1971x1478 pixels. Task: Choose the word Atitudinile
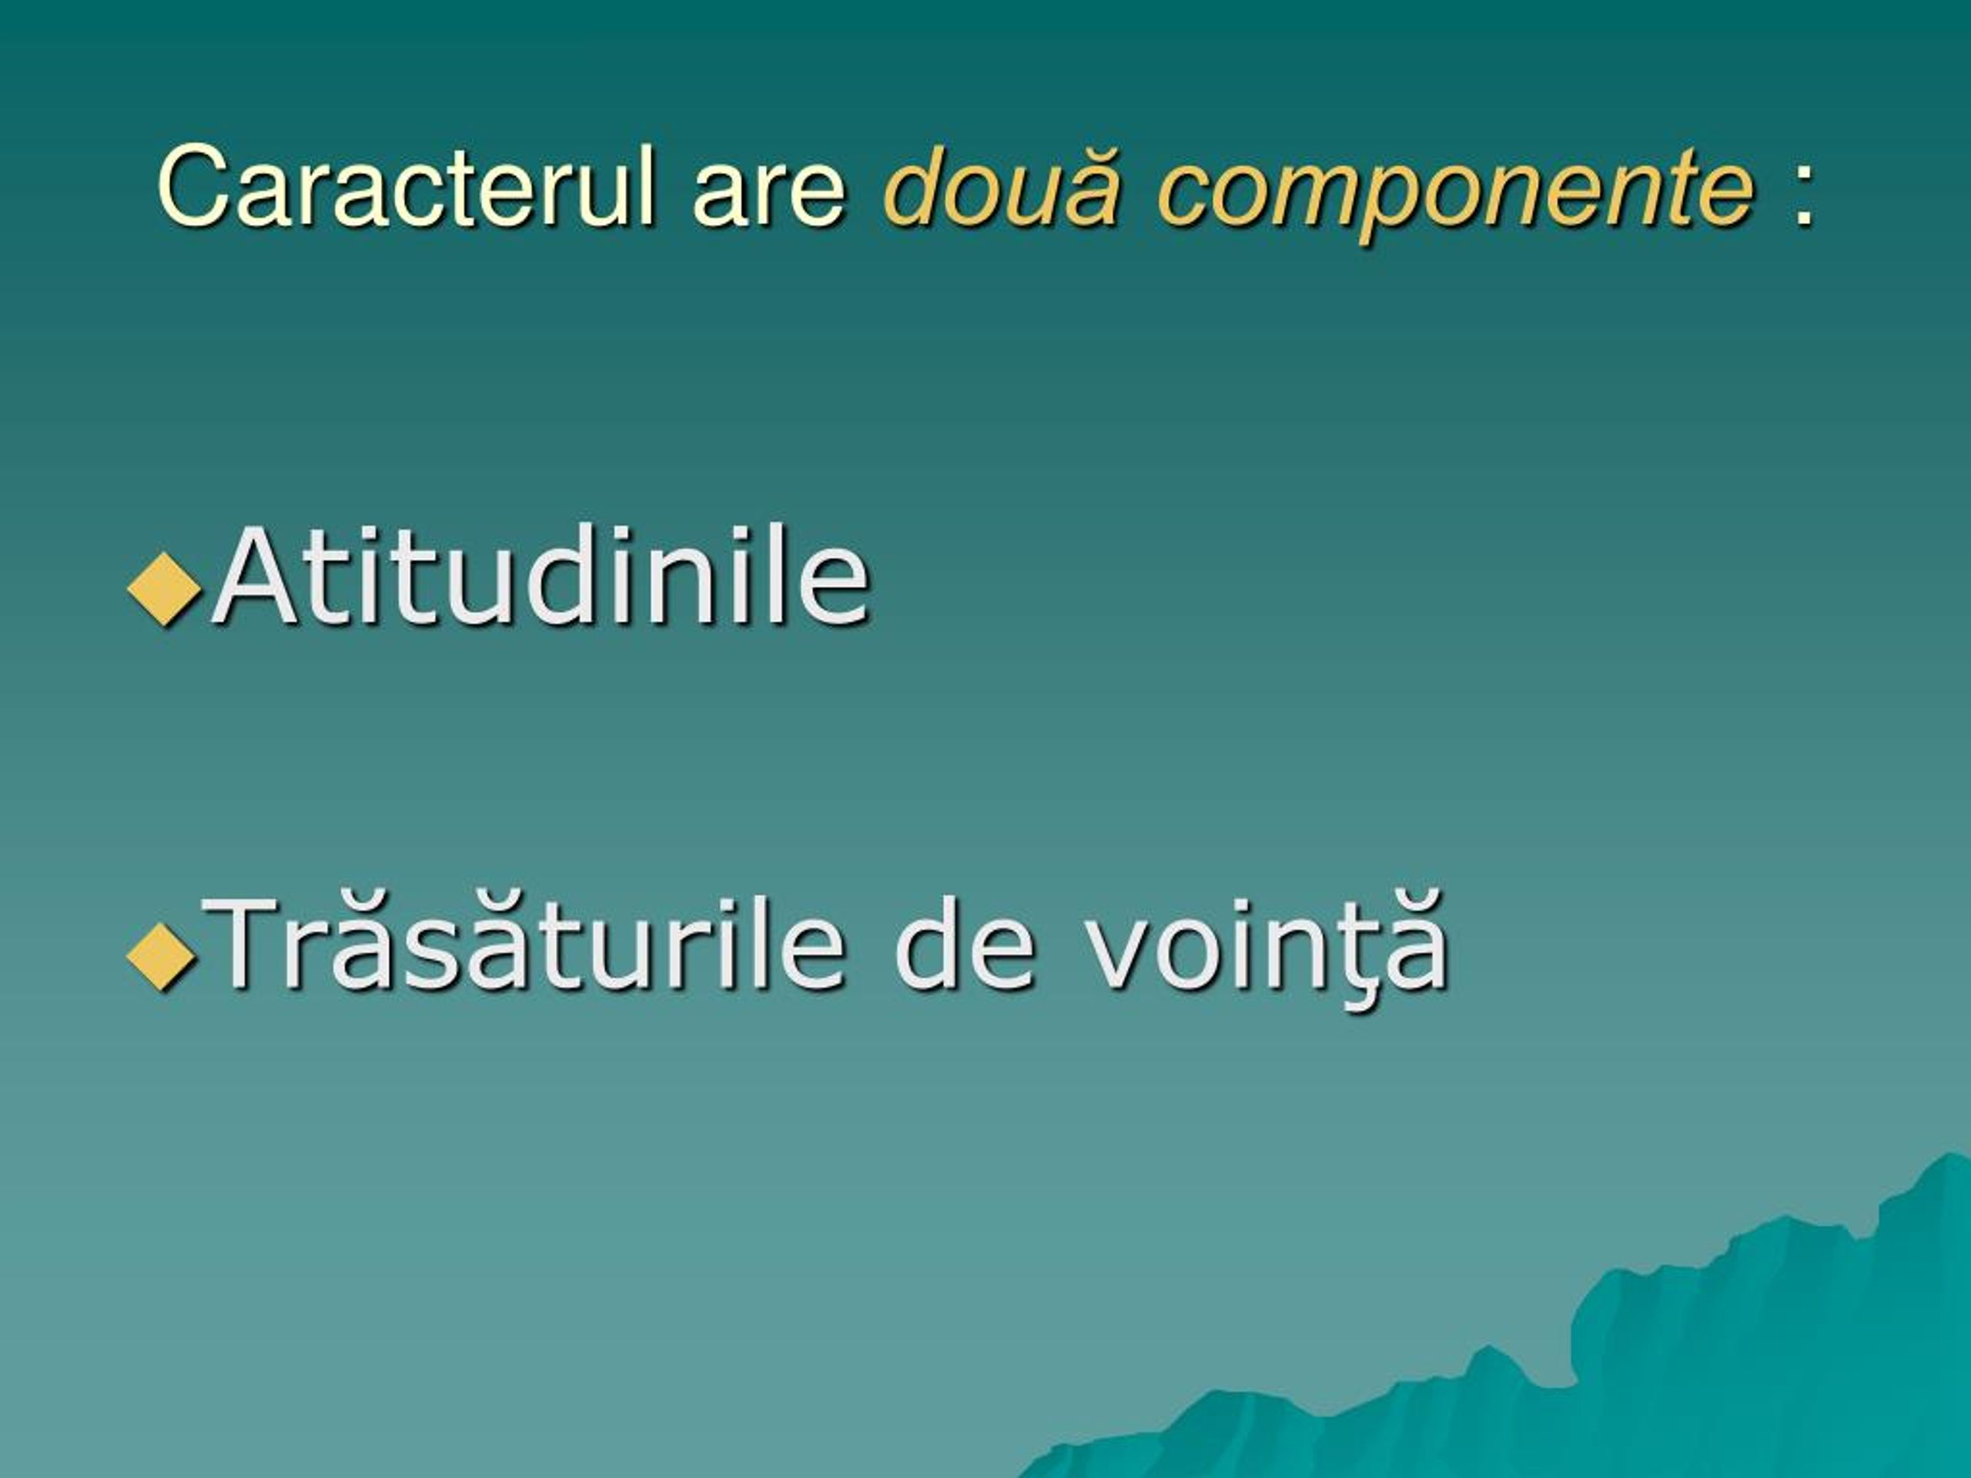coord(540,577)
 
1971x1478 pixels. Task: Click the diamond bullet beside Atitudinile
coord(164,588)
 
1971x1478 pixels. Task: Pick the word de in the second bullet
coord(965,944)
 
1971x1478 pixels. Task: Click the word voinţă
coord(1267,948)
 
